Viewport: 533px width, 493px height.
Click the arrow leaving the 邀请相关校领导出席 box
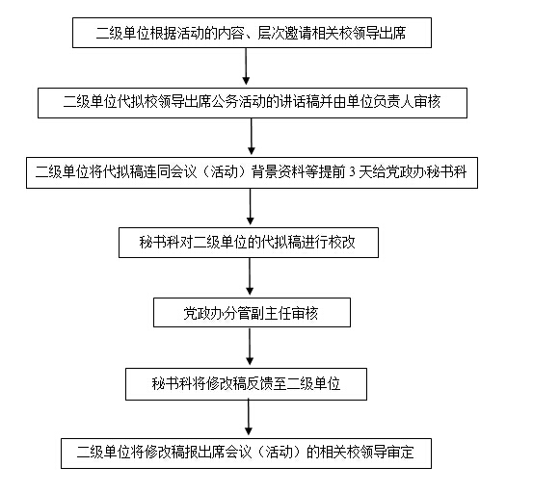click(x=246, y=66)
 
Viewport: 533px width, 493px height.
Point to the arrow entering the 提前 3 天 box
click(x=252, y=137)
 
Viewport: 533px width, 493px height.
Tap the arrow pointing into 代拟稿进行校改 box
click(x=251, y=206)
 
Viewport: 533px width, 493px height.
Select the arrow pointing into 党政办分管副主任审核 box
click(x=250, y=276)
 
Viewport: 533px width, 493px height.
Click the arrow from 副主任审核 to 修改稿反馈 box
click(x=250, y=347)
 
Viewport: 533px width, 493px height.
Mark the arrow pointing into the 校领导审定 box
click(x=249, y=417)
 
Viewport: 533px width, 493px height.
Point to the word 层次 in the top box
click(x=271, y=34)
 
